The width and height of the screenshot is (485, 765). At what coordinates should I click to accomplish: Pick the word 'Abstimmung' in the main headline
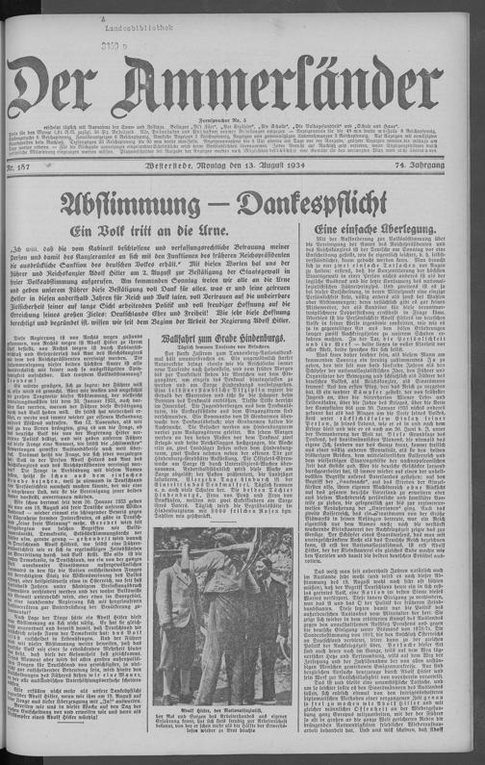pos(142,204)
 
